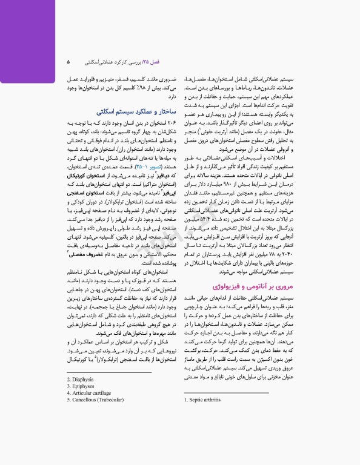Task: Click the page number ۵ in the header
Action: click(68, 62)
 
